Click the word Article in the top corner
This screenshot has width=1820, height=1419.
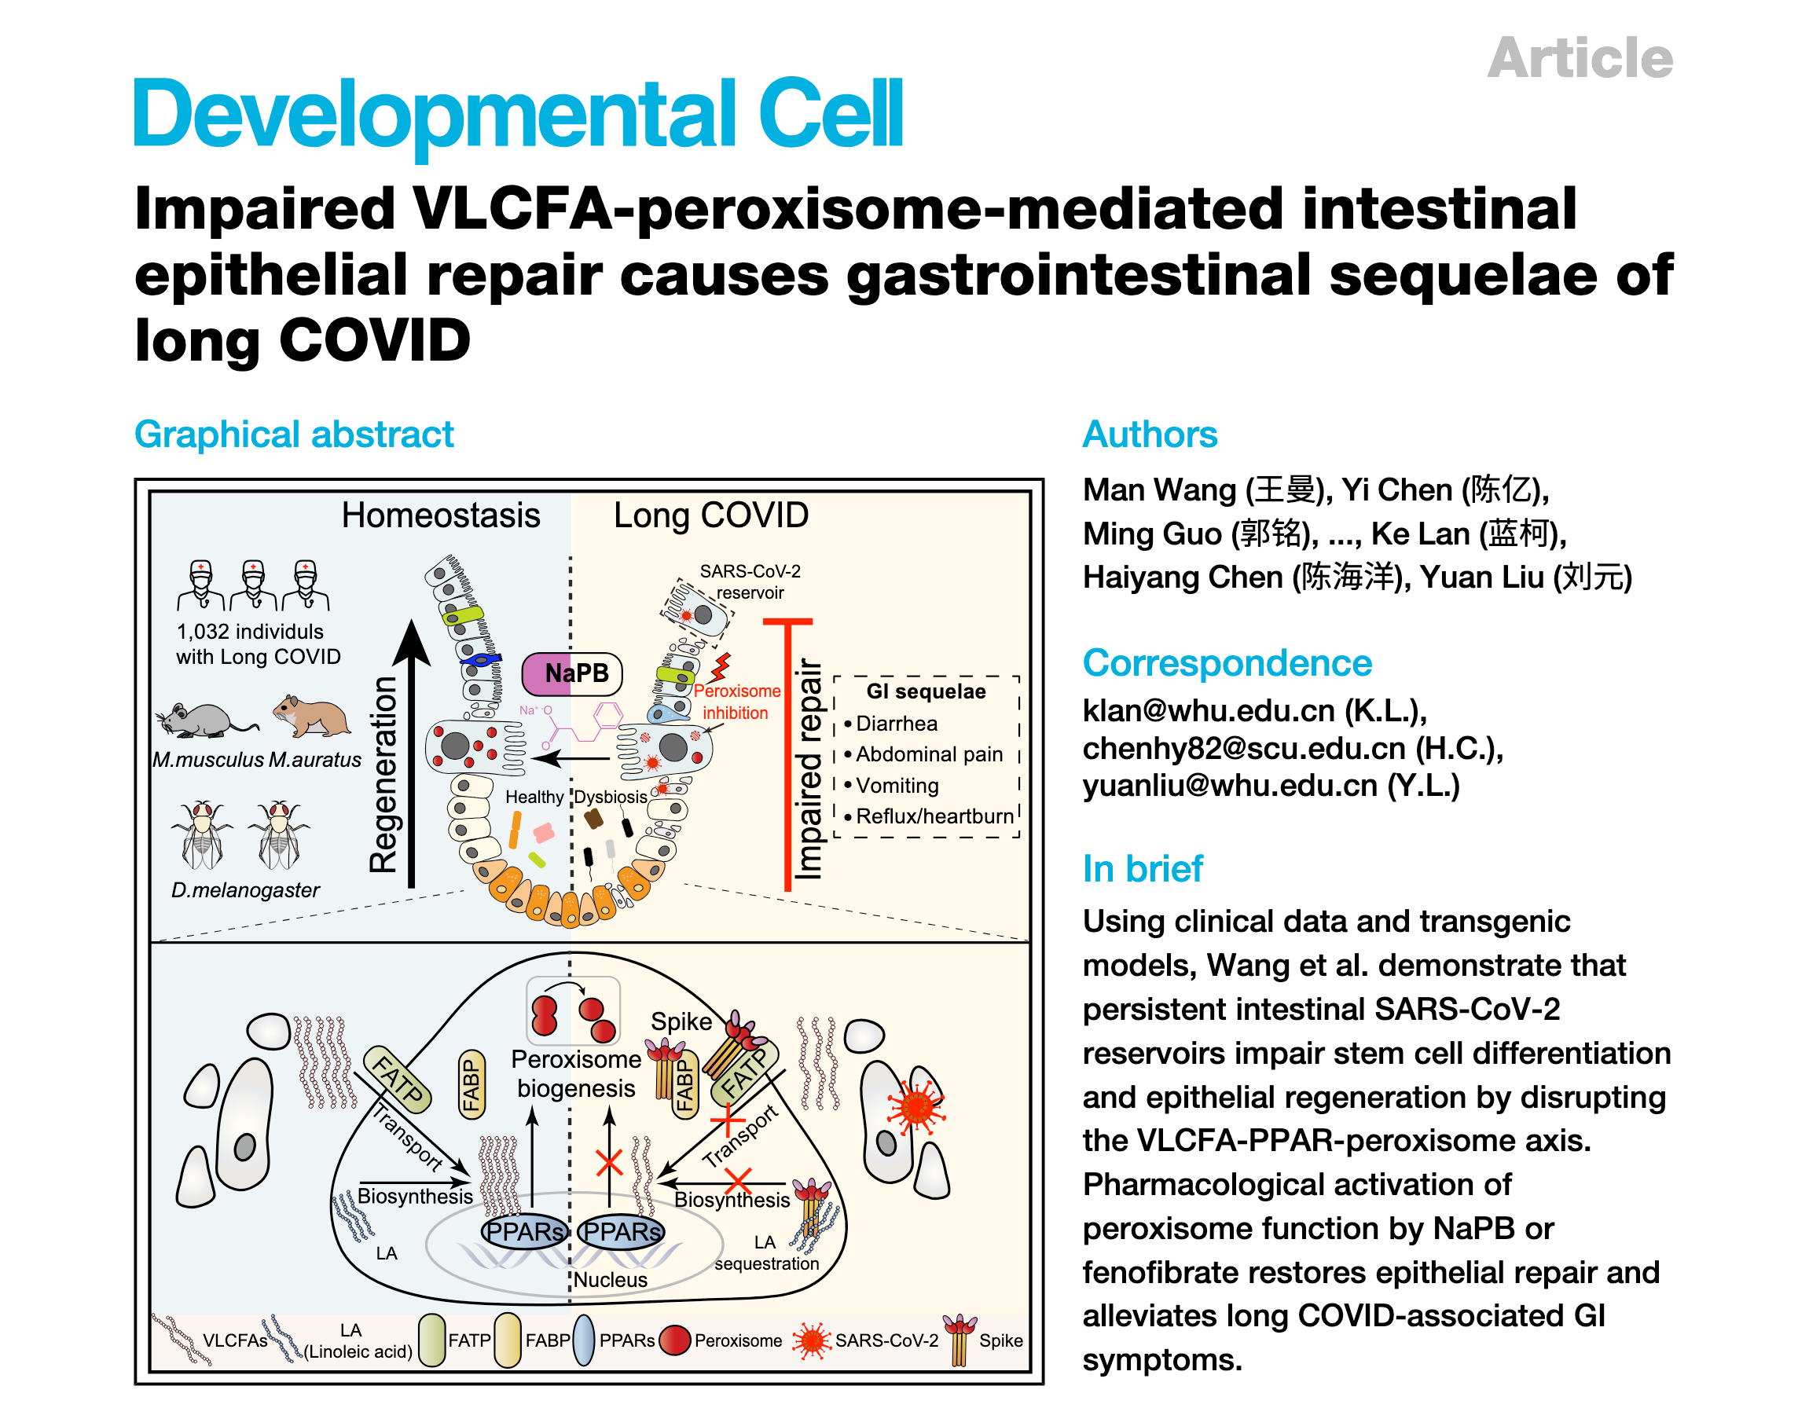tap(1580, 58)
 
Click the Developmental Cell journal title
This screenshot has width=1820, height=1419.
tap(516, 114)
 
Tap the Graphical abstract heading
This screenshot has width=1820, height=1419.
tap(293, 434)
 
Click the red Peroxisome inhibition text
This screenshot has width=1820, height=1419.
tap(736, 702)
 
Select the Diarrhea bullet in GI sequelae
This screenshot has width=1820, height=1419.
tap(895, 723)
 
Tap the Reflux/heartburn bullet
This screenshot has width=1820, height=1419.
tap(934, 816)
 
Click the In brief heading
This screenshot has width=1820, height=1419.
tap(1142, 868)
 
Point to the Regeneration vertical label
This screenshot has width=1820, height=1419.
tap(383, 774)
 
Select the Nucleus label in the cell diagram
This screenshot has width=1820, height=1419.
tap(610, 1279)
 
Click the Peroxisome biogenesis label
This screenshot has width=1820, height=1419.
tap(576, 1073)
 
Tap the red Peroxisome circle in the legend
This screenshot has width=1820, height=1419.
tap(674, 1340)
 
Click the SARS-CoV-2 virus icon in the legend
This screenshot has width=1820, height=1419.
tap(812, 1340)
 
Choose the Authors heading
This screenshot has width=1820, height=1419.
tap(1149, 434)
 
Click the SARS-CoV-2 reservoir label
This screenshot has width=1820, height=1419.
tap(750, 581)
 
